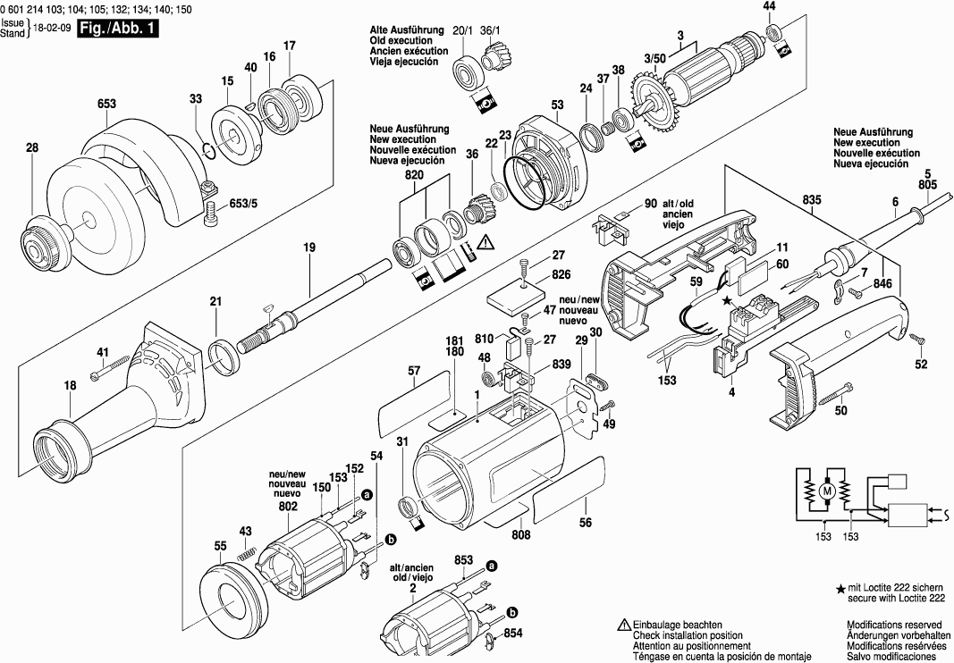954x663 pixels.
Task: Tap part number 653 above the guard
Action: [x=106, y=105]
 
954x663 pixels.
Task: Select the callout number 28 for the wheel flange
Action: [x=32, y=148]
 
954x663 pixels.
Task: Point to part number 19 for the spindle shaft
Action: [x=309, y=246]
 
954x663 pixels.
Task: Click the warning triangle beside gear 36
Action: [x=485, y=240]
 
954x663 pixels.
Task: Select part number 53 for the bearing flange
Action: [x=558, y=105]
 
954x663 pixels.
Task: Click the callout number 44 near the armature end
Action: [x=769, y=6]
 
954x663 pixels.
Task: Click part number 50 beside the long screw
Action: [x=840, y=411]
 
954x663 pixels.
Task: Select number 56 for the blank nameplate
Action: [x=586, y=524]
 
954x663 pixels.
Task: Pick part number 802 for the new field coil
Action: [x=287, y=507]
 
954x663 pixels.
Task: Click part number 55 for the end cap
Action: [x=221, y=546]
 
